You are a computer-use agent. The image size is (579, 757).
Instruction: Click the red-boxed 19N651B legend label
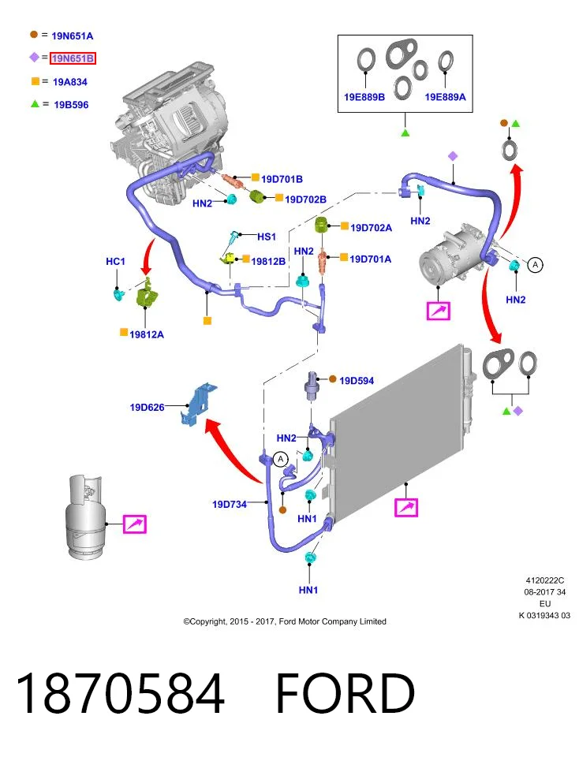[x=73, y=58]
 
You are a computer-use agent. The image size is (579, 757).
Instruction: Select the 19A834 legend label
[x=70, y=82]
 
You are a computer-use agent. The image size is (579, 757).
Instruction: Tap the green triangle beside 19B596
[x=35, y=104]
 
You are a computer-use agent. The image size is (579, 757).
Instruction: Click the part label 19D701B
[x=282, y=179]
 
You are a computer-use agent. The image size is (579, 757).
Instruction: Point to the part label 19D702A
[x=371, y=228]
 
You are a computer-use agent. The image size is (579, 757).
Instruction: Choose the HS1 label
[x=267, y=237]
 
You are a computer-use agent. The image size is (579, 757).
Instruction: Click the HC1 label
[x=115, y=261]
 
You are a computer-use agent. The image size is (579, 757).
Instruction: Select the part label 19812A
[x=147, y=334]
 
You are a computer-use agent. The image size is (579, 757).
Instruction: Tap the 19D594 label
[x=357, y=381]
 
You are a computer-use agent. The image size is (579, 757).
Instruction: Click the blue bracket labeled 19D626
[x=198, y=405]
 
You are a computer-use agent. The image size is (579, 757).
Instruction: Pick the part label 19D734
[x=230, y=505]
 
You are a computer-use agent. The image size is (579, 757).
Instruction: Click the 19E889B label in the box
[x=364, y=97]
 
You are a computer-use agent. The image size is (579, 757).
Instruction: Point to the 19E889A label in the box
[x=445, y=97]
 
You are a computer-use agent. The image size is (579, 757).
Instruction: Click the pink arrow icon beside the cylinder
[x=135, y=524]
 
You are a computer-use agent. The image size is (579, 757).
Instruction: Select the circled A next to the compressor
[x=535, y=265]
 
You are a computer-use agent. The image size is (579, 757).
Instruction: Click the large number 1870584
[x=121, y=693]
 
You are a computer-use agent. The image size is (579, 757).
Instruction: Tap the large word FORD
[x=346, y=693]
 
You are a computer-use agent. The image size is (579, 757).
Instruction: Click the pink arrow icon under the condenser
[x=406, y=507]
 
